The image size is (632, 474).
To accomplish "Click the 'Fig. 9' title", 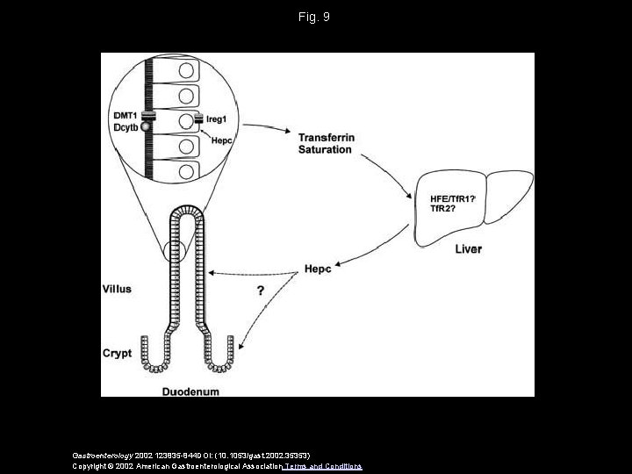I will pyautogui.click(x=316, y=17).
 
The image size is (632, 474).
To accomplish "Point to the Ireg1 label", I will pyautogui.click(x=219, y=116).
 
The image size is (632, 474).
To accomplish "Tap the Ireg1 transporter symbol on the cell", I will pyautogui.click(x=200, y=117).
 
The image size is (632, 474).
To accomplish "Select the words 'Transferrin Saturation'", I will pyautogui.click(x=325, y=143).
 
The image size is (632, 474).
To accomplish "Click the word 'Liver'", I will pyautogui.click(x=468, y=249).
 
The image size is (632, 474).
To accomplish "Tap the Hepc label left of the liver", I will pyautogui.click(x=317, y=269).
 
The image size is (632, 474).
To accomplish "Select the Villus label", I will pyautogui.click(x=117, y=286).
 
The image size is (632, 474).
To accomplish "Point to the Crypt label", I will pyautogui.click(x=117, y=353).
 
